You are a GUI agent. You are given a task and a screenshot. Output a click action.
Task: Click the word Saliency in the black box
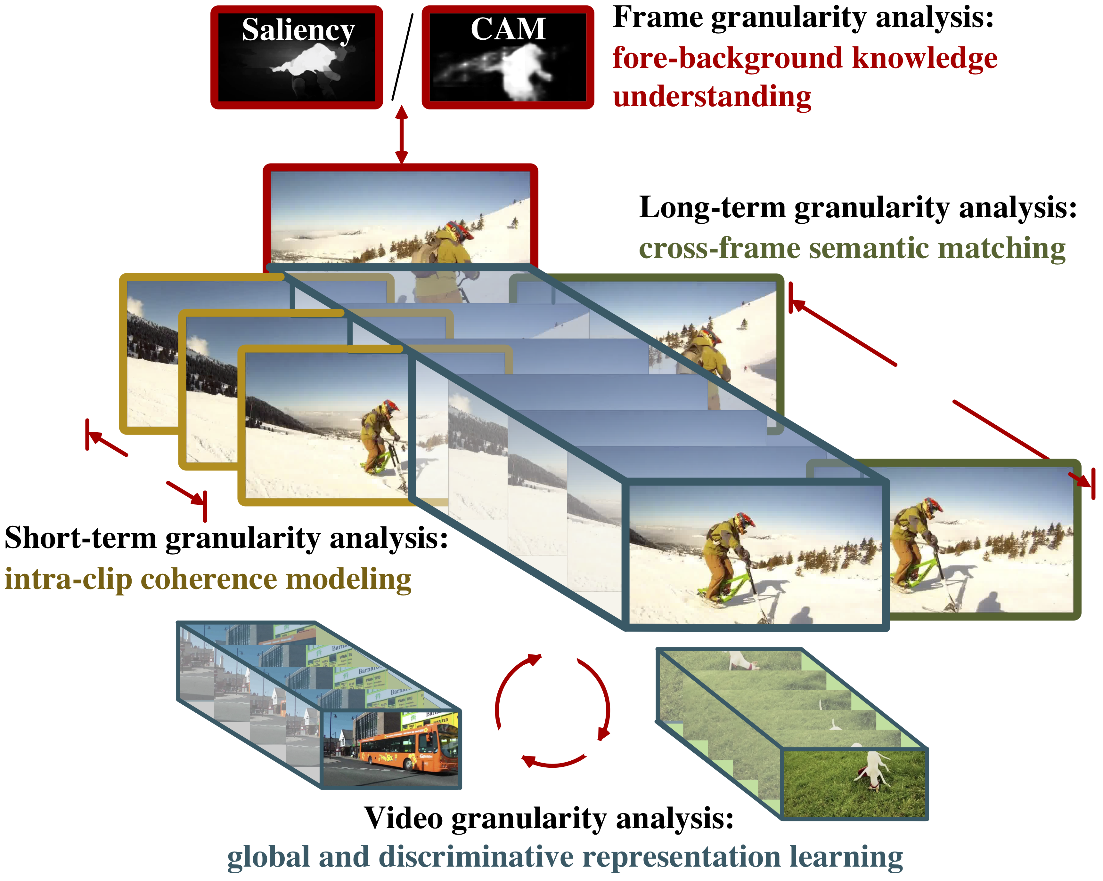[x=298, y=30]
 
